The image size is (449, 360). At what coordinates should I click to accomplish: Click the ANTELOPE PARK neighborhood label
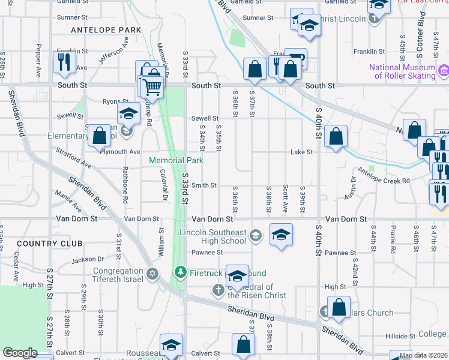106,30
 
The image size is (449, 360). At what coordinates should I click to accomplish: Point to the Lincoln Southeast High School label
213,236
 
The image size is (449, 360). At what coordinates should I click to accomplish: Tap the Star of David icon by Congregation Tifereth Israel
152,274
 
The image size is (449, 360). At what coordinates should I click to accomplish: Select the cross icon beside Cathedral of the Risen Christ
219,290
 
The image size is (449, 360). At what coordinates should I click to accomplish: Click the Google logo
20,353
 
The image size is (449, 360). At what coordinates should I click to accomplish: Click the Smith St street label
204,186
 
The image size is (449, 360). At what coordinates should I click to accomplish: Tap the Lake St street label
302,152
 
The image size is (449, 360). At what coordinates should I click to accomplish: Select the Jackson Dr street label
88,260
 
